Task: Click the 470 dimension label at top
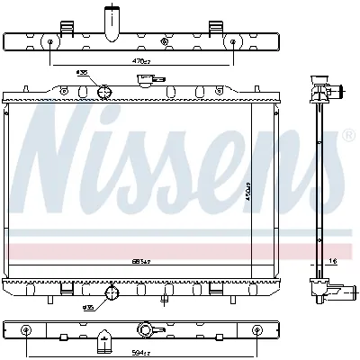click(139, 61)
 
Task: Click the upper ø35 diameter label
click(82, 72)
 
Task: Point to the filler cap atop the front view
click(144, 80)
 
